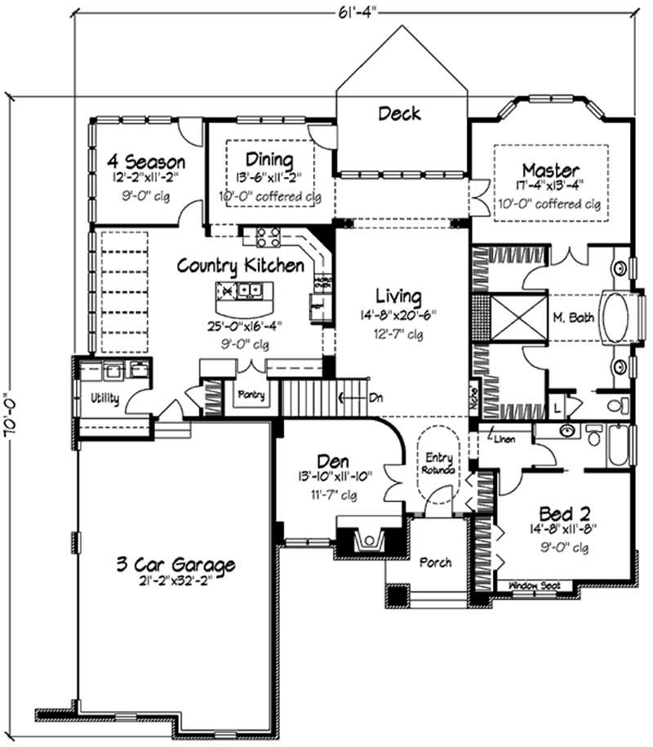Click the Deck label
pyautogui.click(x=399, y=113)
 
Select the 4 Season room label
pyautogui.click(x=137, y=161)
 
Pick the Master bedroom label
pyautogui.click(x=551, y=170)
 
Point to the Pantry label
pyautogui.click(x=251, y=395)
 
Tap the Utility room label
pyautogui.click(x=104, y=399)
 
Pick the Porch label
pyautogui.click(x=434, y=562)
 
